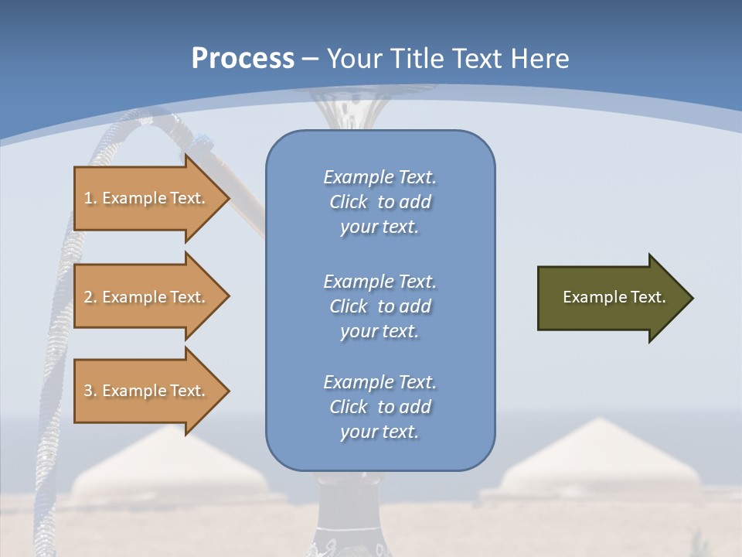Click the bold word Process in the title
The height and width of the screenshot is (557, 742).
click(243, 59)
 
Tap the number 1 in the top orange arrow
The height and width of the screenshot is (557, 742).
click(88, 199)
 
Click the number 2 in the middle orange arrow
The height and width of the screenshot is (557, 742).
click(88, 297)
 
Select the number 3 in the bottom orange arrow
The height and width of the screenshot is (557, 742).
click(88, 391)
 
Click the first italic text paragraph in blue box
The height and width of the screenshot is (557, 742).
click(380, 202)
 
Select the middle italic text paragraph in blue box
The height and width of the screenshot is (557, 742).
click(380, 306)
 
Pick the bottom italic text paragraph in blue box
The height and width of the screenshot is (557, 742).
click(380, 407)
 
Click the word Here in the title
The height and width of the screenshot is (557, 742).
click(542, 59)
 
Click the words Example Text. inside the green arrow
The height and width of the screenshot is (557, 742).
click(614, 297)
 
